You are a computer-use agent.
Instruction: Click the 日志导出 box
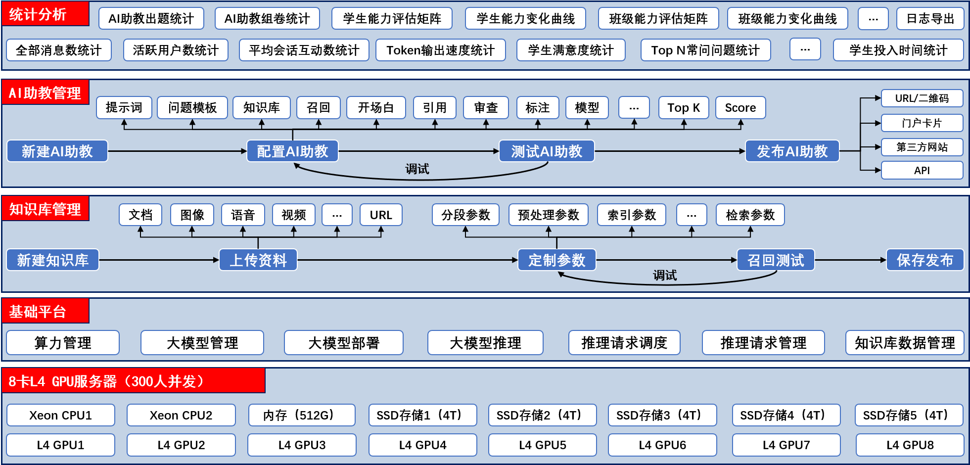pos(930,19)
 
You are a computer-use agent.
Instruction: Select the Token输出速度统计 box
pos(440,50)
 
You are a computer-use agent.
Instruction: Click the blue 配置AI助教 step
pos(292,151)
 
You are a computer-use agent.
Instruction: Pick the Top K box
pos(684,108)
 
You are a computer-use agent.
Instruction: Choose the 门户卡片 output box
pos(922,123)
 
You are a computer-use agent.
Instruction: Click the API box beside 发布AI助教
pos(922,170)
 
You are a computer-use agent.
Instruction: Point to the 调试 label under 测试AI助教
pos(417,169)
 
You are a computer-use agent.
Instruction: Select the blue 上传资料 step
pos(258,260)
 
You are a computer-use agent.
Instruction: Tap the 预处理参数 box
pos(548,215)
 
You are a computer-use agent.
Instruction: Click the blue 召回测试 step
pos(775,260)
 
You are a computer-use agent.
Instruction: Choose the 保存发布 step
pos(924,260)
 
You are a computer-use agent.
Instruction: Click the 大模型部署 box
pos(344,343)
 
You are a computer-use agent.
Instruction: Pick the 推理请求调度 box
pos(624,343)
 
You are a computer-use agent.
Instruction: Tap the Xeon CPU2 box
pos(181,415)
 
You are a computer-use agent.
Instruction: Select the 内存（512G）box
pos(301,415)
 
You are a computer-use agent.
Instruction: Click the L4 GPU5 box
pos(542,445)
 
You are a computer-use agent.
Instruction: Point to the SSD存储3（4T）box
pos(662,415)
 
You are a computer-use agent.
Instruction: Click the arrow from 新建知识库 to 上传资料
pos(158,260)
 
